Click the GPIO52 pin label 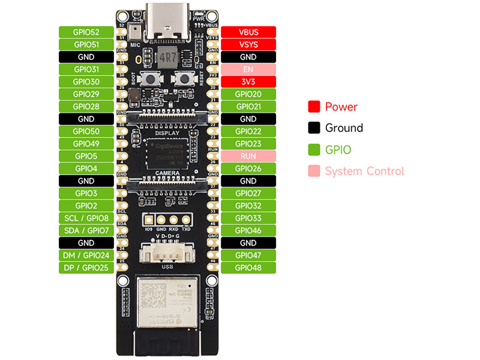[x=86, y=32]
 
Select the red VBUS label [x=248, y=32]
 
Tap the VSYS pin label [x=248, y=44]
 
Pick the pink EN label [x=248, y=69]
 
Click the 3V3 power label [x=248, y=82]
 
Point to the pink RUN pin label [x=248, y=156]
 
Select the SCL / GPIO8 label [x=86, y=218]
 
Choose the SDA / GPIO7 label [x=86, y=230]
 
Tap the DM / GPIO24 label [x=86, y=255]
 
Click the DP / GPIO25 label [x=86, y=268]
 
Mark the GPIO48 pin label [x=248, y=268]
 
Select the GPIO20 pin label [x=248, y=94]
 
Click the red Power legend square [x=313, y=107]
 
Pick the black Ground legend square [x=313, y=128]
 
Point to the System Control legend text [x=364, y=171]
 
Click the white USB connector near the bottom [x=167, y=254]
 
